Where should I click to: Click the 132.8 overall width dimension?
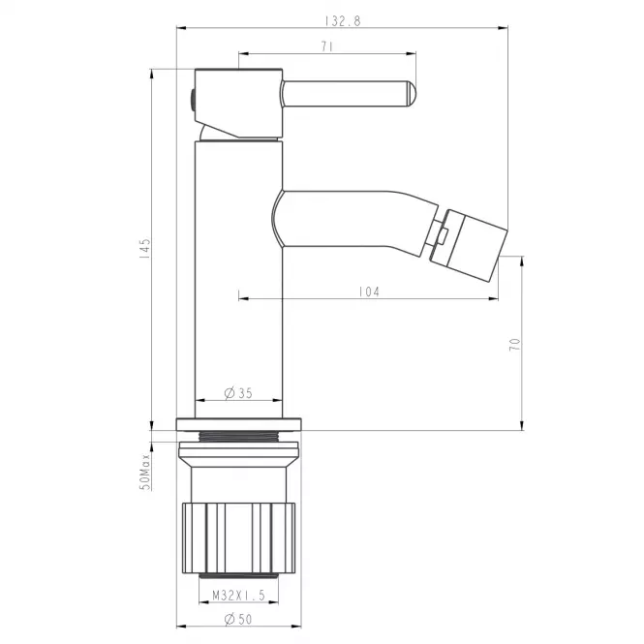(x=343, y=21)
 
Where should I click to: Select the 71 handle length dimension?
(x=327, y=46)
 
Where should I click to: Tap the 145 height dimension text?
(x=144, y=248)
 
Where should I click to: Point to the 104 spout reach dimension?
(x=369, y=291)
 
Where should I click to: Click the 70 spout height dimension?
(x=514, y=344)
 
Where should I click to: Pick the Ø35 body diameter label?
(x=238, y=393)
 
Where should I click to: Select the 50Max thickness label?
(x=145, y=473)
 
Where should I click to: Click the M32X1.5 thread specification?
(x=238, y=596)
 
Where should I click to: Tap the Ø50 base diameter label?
(x=238, y=619)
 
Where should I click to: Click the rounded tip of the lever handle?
(x=412, y=93)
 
